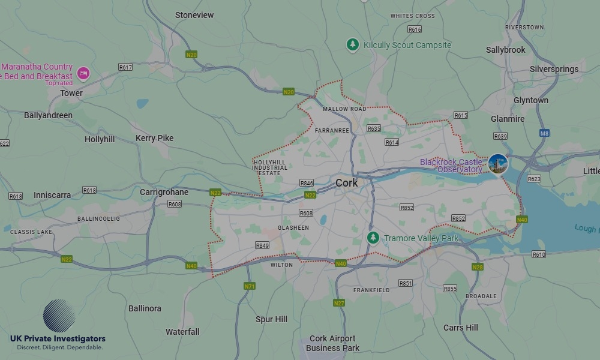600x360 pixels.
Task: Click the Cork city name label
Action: [346, 183]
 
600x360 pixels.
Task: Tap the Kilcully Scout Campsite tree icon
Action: [353, 44]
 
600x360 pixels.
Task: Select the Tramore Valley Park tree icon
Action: [373, 238]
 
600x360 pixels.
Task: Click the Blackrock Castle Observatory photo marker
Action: [498, 164]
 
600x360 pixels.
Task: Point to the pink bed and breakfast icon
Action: [83, 73]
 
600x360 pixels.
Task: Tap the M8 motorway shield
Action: [544, 133]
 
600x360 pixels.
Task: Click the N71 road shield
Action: [250, 286]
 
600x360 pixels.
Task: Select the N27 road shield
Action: [339, 303]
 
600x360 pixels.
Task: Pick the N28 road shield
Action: [478, 267]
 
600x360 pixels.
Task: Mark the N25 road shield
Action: [215, 193]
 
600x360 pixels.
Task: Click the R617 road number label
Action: [125, 67]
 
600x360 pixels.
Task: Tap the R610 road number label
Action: [539, 254]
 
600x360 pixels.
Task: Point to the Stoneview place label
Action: [194, 15]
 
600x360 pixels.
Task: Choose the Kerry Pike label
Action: [154, 138]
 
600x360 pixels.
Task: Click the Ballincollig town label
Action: [98, 219]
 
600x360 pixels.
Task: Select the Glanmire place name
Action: [508, 119]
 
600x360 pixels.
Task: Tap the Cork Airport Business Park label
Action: [332, 343]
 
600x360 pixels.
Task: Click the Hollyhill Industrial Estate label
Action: [270, 168]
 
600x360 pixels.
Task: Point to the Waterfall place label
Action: [182, 332]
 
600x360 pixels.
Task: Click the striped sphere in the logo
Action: [59, 316]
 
